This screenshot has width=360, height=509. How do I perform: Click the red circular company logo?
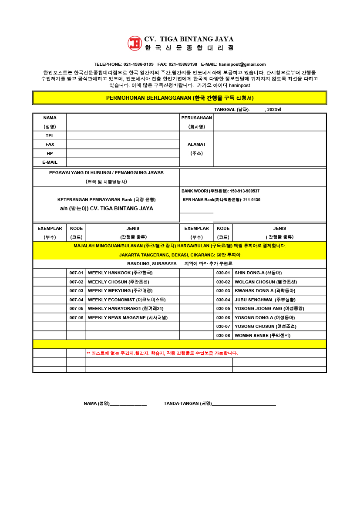point(135,43)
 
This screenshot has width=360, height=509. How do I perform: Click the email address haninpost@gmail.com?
point(242,64)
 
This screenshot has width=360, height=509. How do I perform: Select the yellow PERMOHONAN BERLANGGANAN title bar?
point(179,98)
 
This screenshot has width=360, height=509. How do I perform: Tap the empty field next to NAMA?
point(123,122)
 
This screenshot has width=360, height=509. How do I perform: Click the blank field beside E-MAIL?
point(123,162)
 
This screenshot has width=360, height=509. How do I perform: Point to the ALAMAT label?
point(196,145)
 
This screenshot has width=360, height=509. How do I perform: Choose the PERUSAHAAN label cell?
point(196,118)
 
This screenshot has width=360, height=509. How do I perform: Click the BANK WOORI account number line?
point(220,191)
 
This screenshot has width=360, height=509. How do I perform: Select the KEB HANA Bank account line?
point(222,200)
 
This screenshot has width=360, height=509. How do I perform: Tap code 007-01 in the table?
point(76,273)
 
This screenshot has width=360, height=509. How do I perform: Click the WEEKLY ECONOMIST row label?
point(127,300)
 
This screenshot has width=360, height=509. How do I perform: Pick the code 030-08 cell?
point(223,336)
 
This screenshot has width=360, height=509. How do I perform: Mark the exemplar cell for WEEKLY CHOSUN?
point(50,282)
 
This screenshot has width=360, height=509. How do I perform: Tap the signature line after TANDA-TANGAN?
point(244,404)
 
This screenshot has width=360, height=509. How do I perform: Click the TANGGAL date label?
point(232,110)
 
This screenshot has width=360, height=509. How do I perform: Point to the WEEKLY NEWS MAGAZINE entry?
point(128,318)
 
